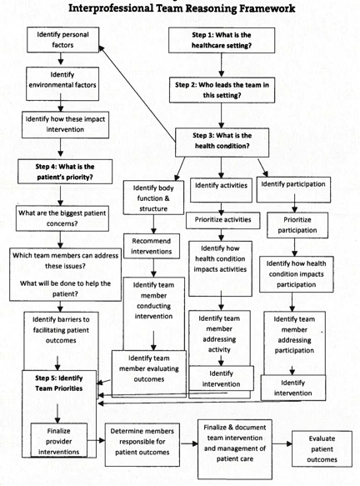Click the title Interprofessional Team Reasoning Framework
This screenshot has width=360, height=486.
coord(180,9)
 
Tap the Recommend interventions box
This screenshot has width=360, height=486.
coord(152,247)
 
